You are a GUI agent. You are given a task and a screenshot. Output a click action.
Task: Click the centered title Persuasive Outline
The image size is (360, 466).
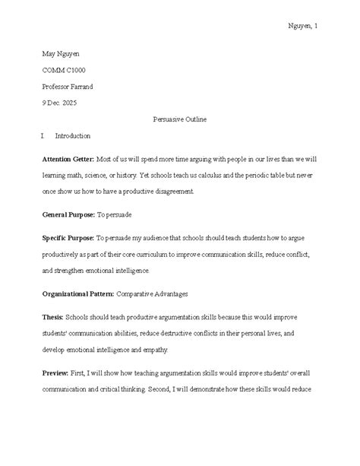[180, 119]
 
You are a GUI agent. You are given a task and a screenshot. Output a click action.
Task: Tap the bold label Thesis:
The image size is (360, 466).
[53, 315]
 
